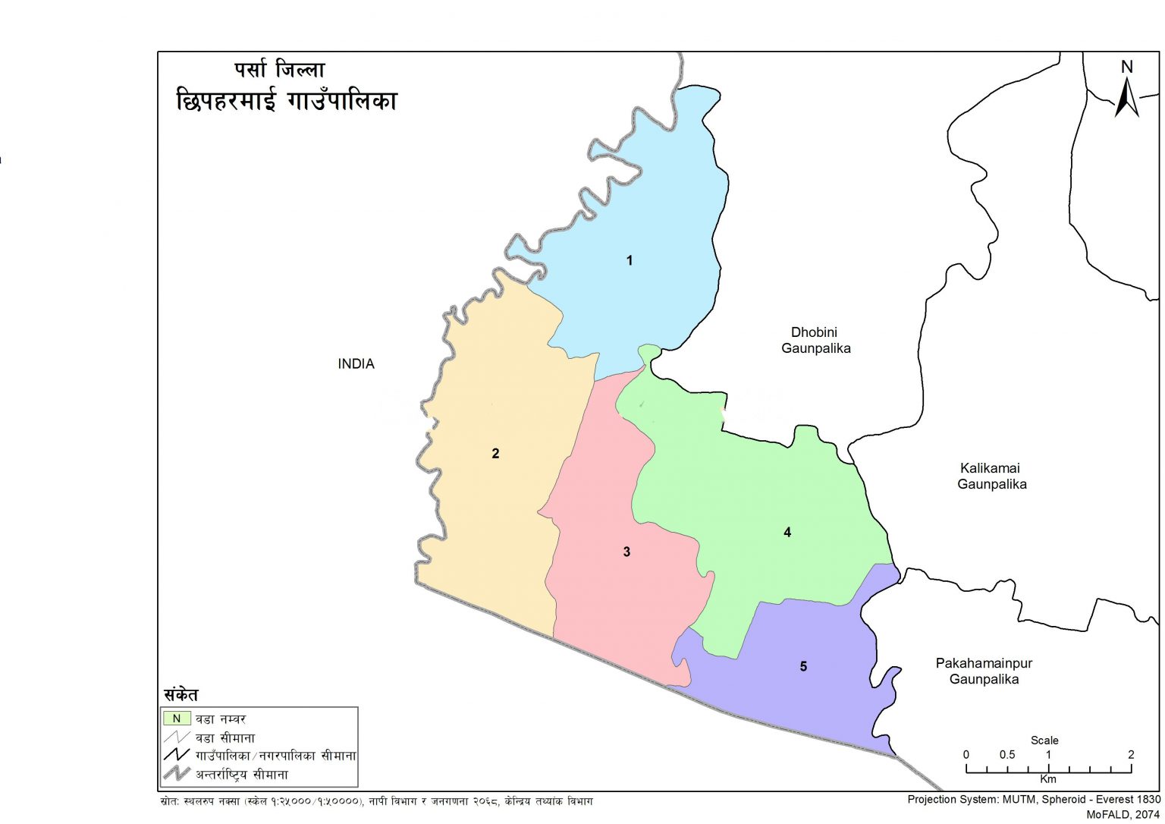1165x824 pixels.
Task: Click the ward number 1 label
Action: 629,260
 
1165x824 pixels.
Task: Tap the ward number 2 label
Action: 495,454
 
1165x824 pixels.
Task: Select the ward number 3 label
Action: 626,552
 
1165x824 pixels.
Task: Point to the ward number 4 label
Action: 787,533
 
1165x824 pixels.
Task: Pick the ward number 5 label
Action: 803,666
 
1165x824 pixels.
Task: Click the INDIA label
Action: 356,364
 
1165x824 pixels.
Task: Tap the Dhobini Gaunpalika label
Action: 815,341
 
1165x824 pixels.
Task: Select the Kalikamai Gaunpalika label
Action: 991,476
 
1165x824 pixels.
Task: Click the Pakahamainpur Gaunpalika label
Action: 984,671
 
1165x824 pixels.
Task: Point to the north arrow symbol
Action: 1126,99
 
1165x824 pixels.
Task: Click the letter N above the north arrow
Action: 1126,67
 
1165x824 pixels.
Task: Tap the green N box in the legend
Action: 177,718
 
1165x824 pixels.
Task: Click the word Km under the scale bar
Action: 1047,779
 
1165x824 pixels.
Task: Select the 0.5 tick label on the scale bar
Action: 1006,755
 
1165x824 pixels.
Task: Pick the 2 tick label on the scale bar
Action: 1130,755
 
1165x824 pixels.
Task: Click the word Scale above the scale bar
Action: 1044,740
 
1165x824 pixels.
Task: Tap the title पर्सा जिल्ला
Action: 279,71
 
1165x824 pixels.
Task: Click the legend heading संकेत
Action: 181,694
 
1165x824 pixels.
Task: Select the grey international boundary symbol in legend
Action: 177,774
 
